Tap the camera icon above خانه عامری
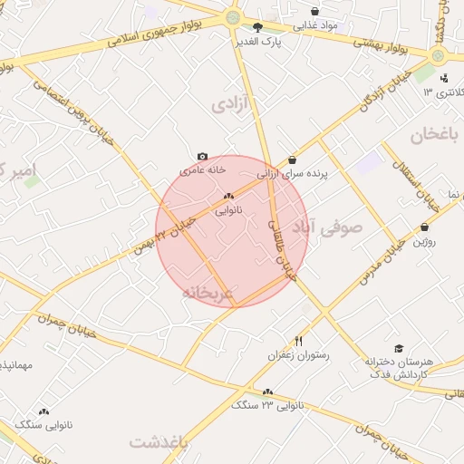pyautogui.click(x=202, y=157)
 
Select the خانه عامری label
pyautogui.click(x=202, y=169)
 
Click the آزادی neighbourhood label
pyautogui.click(x=230, y=105)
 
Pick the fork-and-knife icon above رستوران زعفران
pyautogui.click(x=298, y=341)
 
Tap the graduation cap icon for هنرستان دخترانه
pyautogui.click(x=399, y=348)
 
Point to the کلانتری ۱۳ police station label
pyautogui.click(x=441, y=93)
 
